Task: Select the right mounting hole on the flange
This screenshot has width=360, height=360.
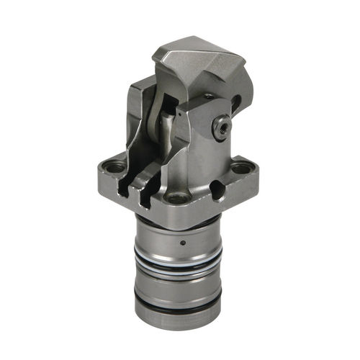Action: (240, 170)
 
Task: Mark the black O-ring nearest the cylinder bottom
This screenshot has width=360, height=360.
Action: (177, 310)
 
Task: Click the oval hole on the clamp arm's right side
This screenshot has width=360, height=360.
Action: (235, 105)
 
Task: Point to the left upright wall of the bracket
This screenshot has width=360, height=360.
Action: (138, 122)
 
